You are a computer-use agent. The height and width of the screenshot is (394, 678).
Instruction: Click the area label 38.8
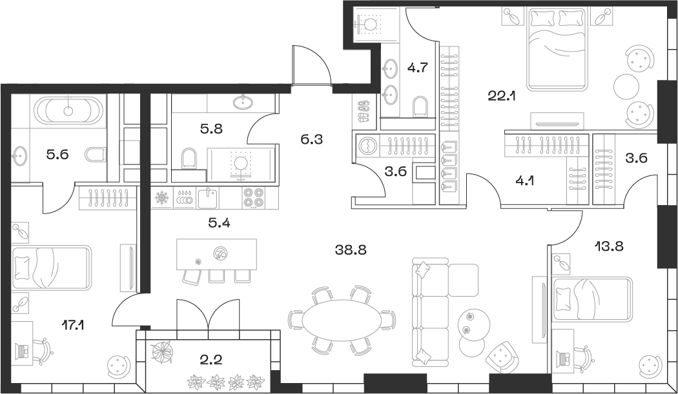351,250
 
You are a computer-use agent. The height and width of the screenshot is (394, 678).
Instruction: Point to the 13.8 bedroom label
610,246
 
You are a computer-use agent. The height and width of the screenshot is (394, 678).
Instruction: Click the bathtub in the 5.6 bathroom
67,110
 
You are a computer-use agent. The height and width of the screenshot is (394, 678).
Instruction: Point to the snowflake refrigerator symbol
161,199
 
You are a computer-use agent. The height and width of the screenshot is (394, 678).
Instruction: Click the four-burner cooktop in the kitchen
253,198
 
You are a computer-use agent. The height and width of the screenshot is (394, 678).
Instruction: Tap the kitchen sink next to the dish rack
207,199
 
